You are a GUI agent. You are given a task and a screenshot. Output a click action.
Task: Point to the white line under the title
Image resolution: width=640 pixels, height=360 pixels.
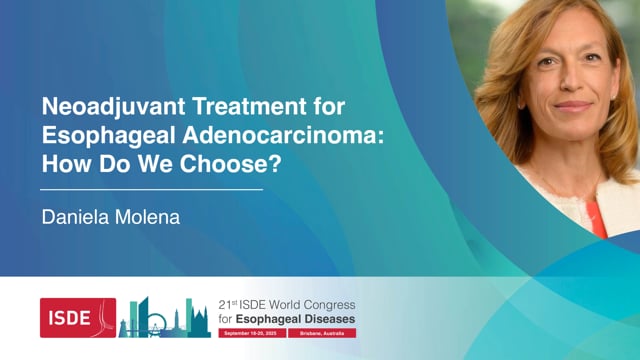click(151, 188)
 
